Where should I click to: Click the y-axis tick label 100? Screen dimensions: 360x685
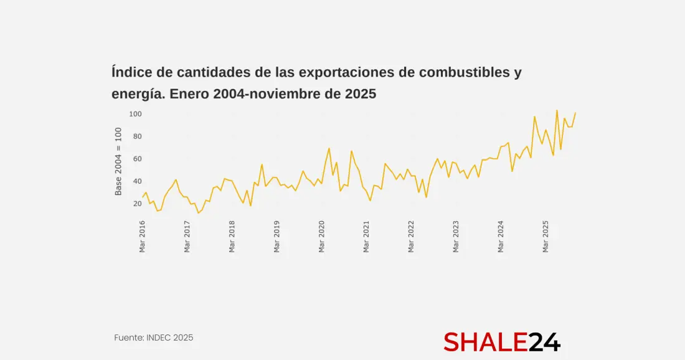(x=135, y=114)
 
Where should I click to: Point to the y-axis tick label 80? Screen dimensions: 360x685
(x=136, y=136)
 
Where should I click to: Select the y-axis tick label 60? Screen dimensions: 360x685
(x=136, y=159)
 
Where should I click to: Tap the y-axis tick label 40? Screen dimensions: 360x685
(x=136, y=181)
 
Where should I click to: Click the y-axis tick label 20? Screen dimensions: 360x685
(x=136, y=204)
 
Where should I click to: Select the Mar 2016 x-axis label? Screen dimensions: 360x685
(x=143, y=237)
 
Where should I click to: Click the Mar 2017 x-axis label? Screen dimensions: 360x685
(x=187, y=237)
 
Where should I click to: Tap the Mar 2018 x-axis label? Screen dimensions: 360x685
(x=232, y=237)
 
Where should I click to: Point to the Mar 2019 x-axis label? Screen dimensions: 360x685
(x=277, y=237)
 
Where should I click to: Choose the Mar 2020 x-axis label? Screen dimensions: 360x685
(x=322, y=237)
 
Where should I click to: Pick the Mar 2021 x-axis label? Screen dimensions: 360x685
(x=367, y=237)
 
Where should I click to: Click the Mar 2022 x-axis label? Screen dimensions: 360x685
(x=412, y=237)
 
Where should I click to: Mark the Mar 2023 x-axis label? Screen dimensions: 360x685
(x=456, y=237)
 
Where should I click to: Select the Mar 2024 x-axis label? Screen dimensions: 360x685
(x=501, y=237)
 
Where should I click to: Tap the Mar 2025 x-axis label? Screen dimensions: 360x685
(x=546, y=237)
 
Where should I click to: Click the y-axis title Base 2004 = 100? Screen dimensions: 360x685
(x=118, y=161)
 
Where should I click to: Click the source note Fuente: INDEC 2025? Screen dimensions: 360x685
(x=154, y=338)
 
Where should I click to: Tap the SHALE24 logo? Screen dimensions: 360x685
(x=502, y=342)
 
